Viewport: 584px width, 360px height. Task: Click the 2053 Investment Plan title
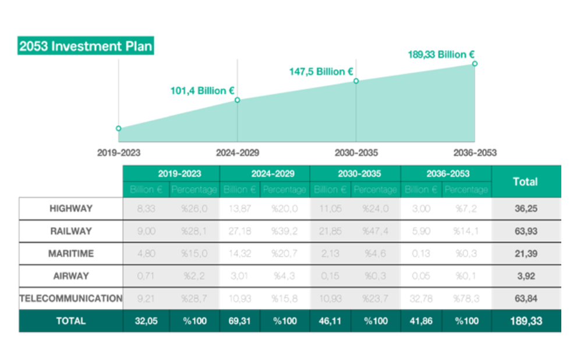86,47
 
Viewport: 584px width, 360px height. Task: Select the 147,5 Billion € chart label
321,72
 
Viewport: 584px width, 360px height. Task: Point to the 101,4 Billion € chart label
202,91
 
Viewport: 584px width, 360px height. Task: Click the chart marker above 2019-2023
119,128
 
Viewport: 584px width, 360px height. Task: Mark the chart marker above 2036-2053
475,63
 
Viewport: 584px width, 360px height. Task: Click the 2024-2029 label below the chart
238,153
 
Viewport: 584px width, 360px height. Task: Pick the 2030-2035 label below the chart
356,153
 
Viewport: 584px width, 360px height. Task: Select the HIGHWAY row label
71,209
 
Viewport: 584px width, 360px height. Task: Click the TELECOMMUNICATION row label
71,298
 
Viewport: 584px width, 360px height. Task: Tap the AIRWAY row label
71,276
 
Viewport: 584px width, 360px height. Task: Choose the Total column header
525,182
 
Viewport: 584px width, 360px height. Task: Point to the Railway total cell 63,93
526,231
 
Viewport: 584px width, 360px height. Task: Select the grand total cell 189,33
526,321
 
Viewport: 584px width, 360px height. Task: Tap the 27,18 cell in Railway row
240,231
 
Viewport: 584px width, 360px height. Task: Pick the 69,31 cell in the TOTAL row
240,321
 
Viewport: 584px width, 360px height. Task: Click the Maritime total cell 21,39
526,254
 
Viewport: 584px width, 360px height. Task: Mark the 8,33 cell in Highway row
146,209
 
